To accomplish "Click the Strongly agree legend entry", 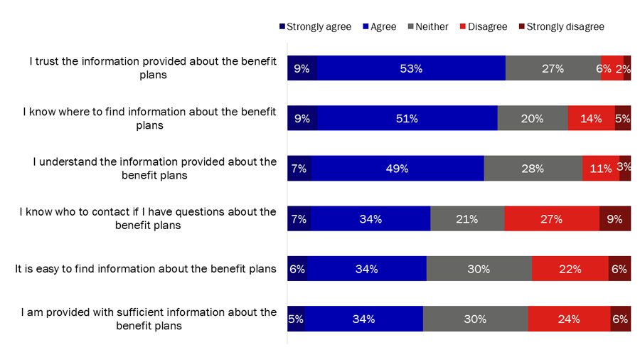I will [x=315, y=27].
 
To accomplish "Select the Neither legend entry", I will [x=427, y=27].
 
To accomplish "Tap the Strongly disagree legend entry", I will [x=560, y=27].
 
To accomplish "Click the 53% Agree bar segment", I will [x=411, y=68].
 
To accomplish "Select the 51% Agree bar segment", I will [x=407, y=119].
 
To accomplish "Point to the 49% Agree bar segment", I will [x=398, y=169].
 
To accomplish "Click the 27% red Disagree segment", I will [x=552, y=219].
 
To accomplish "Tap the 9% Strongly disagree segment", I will [x=615, y=219].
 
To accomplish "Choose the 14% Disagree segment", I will [x=591, y=119].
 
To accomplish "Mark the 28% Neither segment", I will [x=533, y=169].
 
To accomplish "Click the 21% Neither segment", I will [x=467, y=219].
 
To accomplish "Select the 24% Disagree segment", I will [x=569, y=319].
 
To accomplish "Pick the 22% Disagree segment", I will [x=570, y=269].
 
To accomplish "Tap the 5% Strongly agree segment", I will [x=296, y=319].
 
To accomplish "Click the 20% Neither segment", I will [x=533, y=119].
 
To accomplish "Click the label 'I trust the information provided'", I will [x=153, y=68].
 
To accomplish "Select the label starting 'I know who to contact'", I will [x=148, y=218].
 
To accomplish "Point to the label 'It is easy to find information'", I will [x=146, y=269].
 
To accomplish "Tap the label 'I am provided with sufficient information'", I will [x=149, y=319].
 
